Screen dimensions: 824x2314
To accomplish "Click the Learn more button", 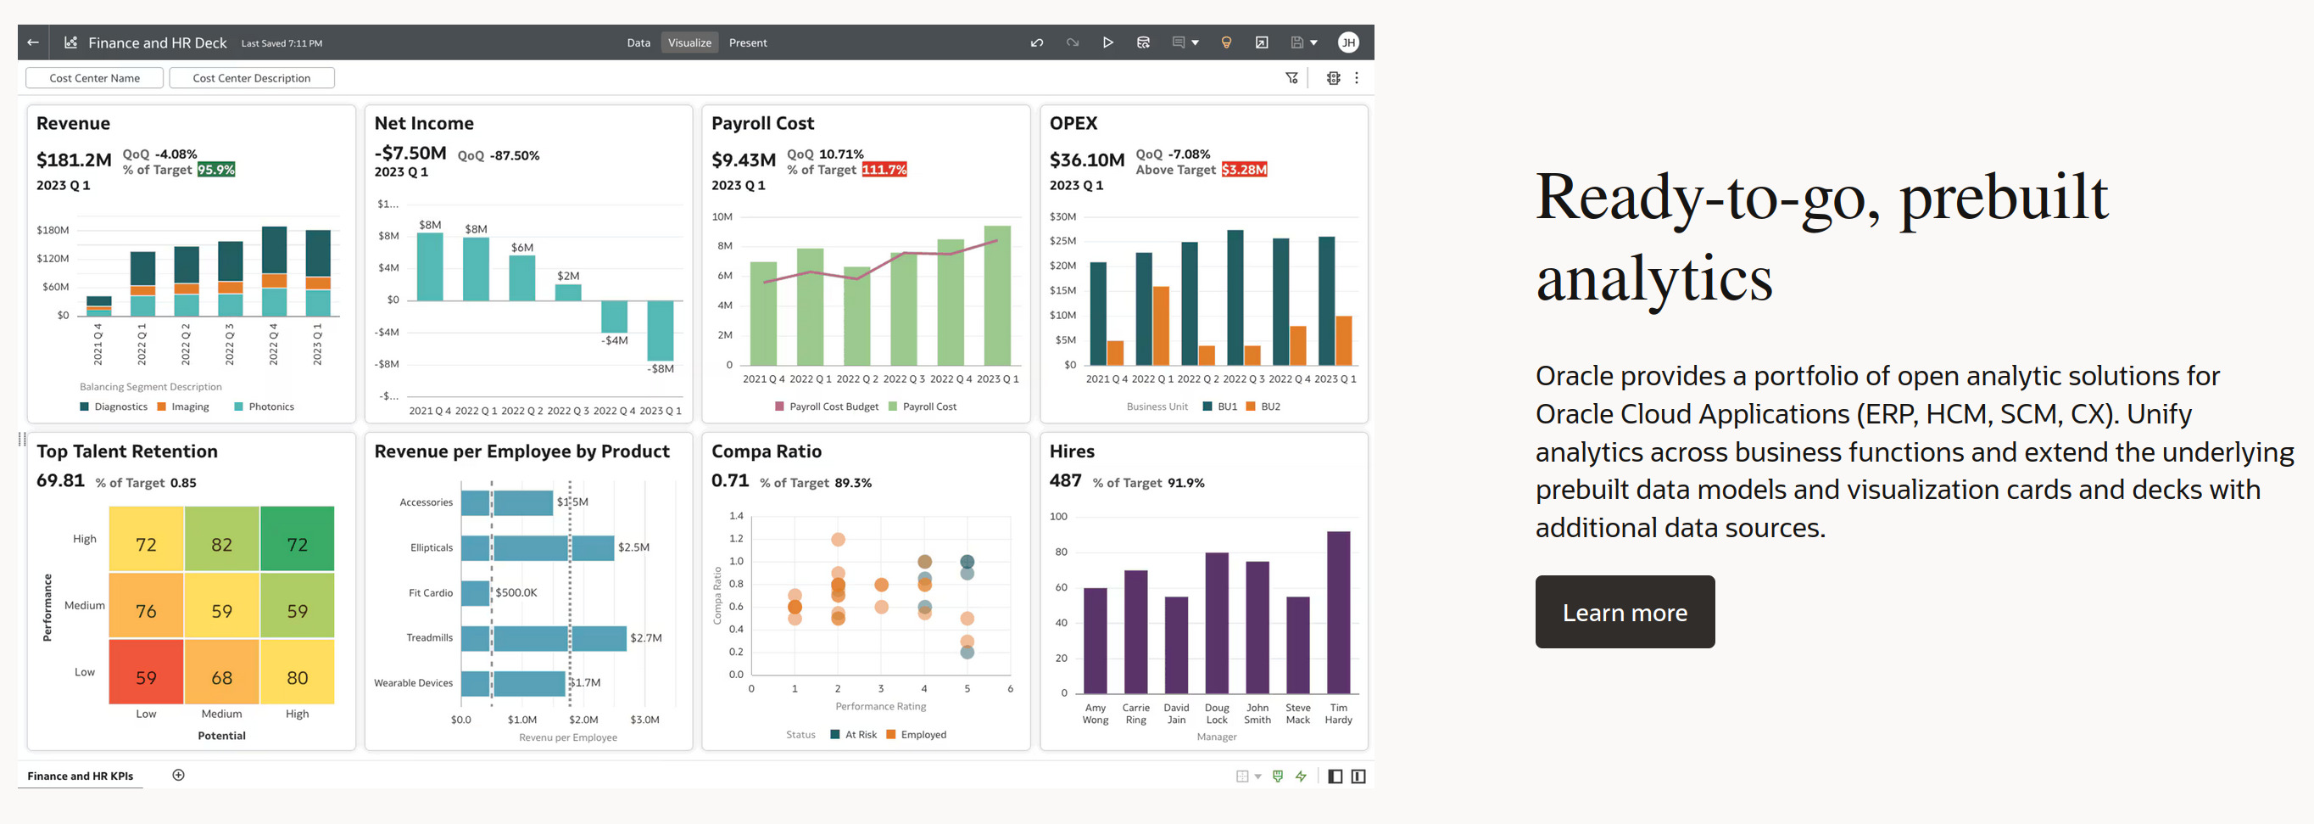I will pos(1624,612).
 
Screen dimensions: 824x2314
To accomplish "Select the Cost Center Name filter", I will pos(94,78).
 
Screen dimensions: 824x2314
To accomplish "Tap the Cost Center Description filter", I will pos(252,78).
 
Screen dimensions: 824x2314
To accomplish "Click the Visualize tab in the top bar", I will pos(689,42).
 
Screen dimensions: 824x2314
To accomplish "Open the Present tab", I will pos(747,42).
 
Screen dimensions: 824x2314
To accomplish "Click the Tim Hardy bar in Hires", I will pos(1337,612).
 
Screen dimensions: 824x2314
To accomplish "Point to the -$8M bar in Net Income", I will pos(661,330).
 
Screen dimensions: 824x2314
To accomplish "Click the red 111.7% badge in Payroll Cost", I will pos(884,170).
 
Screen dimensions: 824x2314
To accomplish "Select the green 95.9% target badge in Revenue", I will pos(215,170).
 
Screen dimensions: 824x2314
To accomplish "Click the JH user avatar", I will pos(1347,42).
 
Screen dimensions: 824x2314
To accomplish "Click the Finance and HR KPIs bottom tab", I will pos(80,776).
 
